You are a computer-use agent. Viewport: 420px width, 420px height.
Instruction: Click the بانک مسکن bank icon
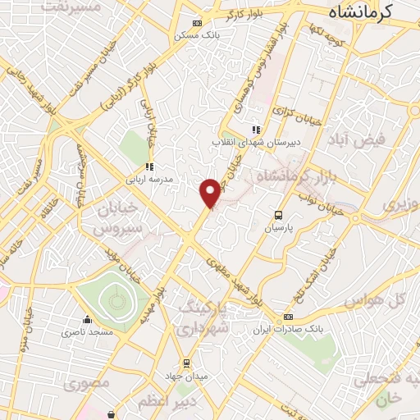coord(195,24)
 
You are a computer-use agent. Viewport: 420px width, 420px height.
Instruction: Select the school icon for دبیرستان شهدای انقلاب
coord(256,129)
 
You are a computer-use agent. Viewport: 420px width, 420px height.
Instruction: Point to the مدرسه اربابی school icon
coord(149,166)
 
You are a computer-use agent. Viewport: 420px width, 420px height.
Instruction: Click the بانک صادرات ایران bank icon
coord(288,317)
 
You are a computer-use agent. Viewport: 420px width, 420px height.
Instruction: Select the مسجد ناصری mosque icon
coord(88,321)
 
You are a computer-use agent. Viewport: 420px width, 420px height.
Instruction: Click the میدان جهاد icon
coord(186,363)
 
